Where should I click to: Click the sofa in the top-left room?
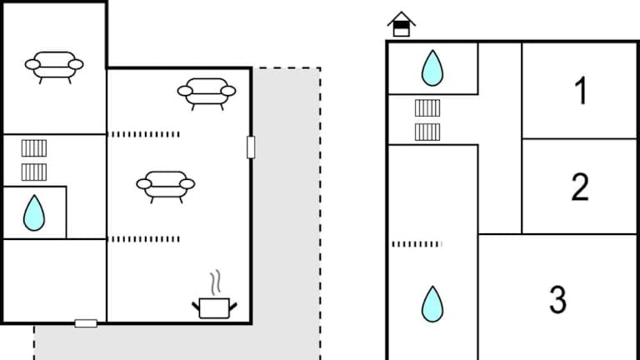54,65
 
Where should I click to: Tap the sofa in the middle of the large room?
165,184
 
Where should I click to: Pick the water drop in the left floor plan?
34,212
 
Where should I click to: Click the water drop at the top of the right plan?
432,68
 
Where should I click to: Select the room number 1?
581,91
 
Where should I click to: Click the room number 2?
580,187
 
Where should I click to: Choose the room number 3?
558,299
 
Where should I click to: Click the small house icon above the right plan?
402,24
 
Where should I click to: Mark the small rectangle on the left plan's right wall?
251,147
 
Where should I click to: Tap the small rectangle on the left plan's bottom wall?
86,322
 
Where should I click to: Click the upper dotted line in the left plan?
145,134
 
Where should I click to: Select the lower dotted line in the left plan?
145,239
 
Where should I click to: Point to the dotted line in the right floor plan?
417,244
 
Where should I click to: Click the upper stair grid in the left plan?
34,148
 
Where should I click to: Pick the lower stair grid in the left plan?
34,172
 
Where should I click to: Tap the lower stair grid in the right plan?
427,132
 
